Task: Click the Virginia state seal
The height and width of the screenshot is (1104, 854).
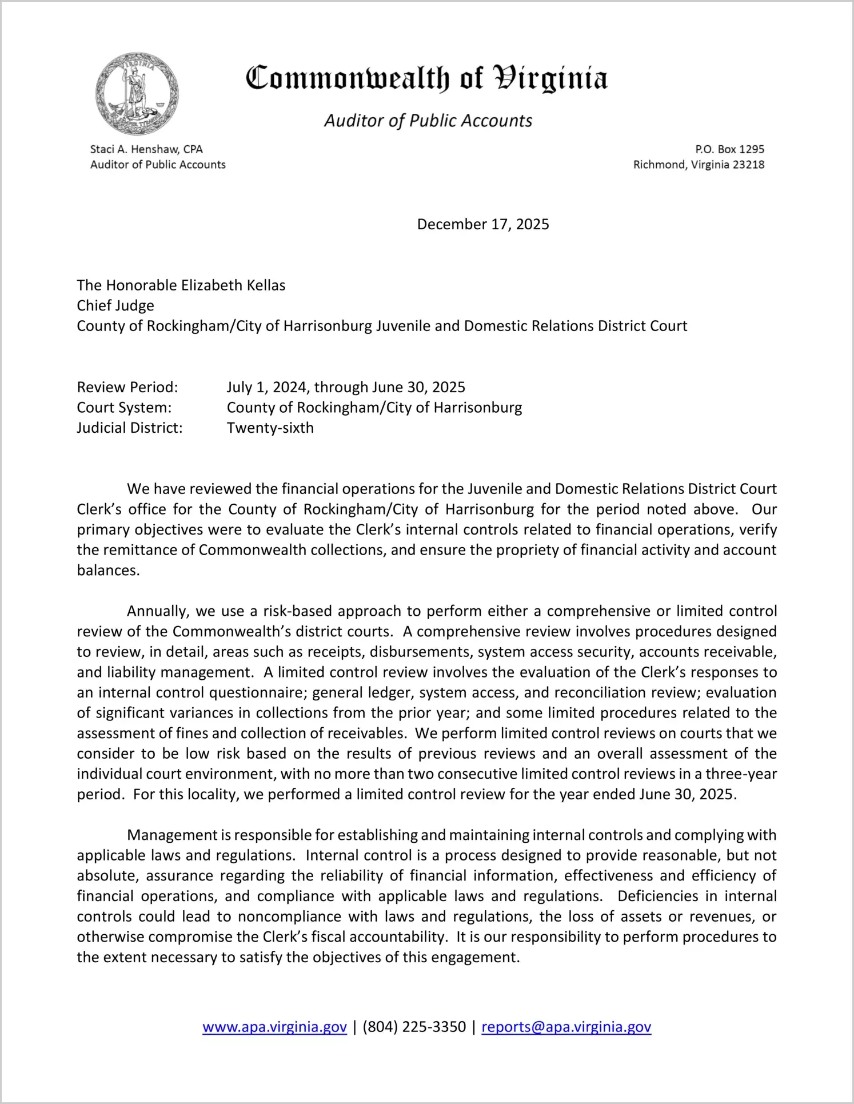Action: (137, 94)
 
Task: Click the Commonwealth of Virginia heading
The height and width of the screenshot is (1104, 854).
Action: (426, 78)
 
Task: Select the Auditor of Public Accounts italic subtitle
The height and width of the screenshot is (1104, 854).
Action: (428, 121)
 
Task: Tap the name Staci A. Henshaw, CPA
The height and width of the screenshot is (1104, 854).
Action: (146, 149)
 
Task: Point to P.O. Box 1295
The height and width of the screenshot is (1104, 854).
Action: (729, 149)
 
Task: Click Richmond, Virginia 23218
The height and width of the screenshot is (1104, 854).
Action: (699, 165)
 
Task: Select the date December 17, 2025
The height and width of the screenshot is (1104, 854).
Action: (483, 224)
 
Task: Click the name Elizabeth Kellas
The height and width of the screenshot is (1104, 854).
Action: (233, 285)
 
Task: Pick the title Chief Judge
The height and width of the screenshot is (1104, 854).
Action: (115, 305)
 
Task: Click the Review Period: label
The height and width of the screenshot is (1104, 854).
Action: (127, 387)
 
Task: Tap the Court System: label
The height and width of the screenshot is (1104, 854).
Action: (124, 408)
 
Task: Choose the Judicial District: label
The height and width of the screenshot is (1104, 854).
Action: (130, 428)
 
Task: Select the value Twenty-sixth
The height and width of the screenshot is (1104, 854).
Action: (270, 428)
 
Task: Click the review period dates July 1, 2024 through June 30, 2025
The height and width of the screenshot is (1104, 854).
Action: (346, 387)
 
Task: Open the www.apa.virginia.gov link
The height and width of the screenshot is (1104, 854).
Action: (274, 1027)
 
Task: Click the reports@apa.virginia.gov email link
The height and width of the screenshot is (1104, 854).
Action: (566, 1027)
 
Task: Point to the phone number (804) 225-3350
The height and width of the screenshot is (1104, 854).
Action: (414, 1027)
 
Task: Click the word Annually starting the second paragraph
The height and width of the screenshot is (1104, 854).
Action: (158, 611)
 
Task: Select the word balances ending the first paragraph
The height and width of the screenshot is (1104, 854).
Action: (108, 570)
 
